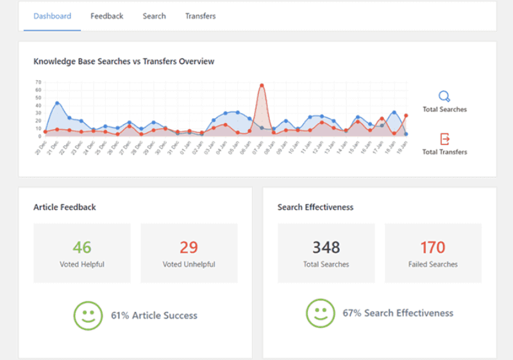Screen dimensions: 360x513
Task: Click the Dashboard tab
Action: [x=52, y=16]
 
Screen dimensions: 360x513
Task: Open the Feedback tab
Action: [x=106, y=16]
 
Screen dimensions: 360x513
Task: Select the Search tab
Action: [x=154, y=16]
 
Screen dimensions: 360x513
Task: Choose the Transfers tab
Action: [x=200, y=16]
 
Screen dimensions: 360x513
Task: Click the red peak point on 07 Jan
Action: [x=262, y=85]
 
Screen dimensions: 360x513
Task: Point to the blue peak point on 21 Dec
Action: [x=57, y=103]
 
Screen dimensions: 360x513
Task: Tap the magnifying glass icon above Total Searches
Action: [x=444, y=97]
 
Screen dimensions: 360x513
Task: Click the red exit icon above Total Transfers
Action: [x=444, y=139]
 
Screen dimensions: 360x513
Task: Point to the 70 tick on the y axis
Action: [x=38, y=82]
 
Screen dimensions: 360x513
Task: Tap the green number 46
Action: [x=82, y=247]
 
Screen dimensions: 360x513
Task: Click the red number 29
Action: [x=189, y=247]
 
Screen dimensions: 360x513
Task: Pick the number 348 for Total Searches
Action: [x=326, y=247]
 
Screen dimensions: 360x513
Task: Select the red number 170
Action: [x=433, y=247]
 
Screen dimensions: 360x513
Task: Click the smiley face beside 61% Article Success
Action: [x=88, y=315]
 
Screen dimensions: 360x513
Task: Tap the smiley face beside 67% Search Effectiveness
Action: [x=320, y=313]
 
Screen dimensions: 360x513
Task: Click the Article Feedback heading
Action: [x=65, y=207]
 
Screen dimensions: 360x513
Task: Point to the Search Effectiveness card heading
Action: [x=315, y=207]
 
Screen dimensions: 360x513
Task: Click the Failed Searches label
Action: [x=433, y=264]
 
